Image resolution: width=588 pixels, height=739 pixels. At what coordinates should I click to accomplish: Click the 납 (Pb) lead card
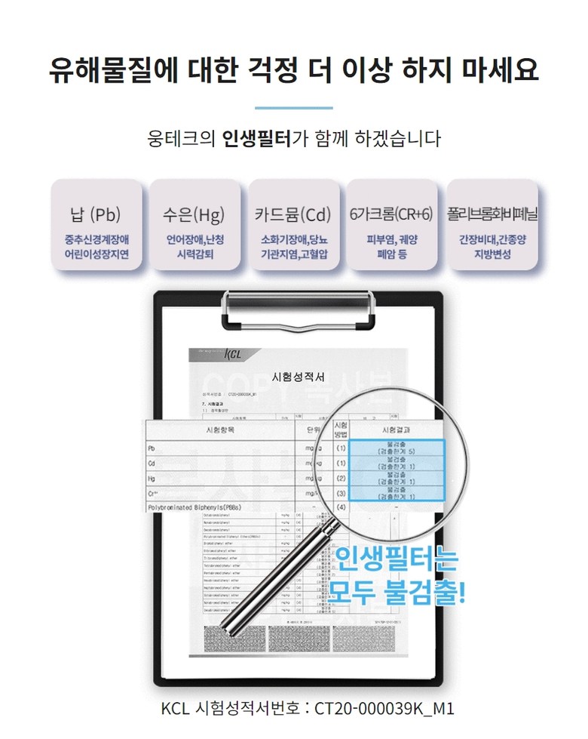pyautogui.click(x=96, y=225)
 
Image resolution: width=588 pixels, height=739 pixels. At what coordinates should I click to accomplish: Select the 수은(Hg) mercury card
pyautogui.click(x=194, y=225)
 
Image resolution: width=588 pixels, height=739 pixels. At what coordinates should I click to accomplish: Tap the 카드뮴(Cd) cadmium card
pyautogui.click(x=293, y=225)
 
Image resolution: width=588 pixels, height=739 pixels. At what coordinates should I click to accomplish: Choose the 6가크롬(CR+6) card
pyautogui.click(x=391, y=225)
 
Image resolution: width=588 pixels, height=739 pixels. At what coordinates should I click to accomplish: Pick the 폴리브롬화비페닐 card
pyautogui.click(x=492, y=225)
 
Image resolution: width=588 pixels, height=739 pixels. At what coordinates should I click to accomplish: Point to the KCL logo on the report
pyautogui.click(x=234, y=353)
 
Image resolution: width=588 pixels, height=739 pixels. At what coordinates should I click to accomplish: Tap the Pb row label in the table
pyautogui.click(x=152, y=448)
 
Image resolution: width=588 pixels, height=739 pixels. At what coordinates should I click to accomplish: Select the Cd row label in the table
pyautogui.click(x=152, y=463)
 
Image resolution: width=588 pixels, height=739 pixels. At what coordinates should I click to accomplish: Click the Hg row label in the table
pyautogui.click(x=152, y=478)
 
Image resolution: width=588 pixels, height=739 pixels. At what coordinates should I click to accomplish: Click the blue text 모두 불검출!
pyautogui.click(x=397, y=591)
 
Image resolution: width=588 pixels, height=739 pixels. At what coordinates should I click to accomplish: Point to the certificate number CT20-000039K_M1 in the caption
pyautogui.click(x=384, y=709)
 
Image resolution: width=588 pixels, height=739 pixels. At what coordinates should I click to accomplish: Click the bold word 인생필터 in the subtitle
pyautogui.click(x=256, y=140)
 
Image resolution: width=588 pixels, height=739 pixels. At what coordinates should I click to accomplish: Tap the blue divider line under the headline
pyautogui.click(x=293, y=108)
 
